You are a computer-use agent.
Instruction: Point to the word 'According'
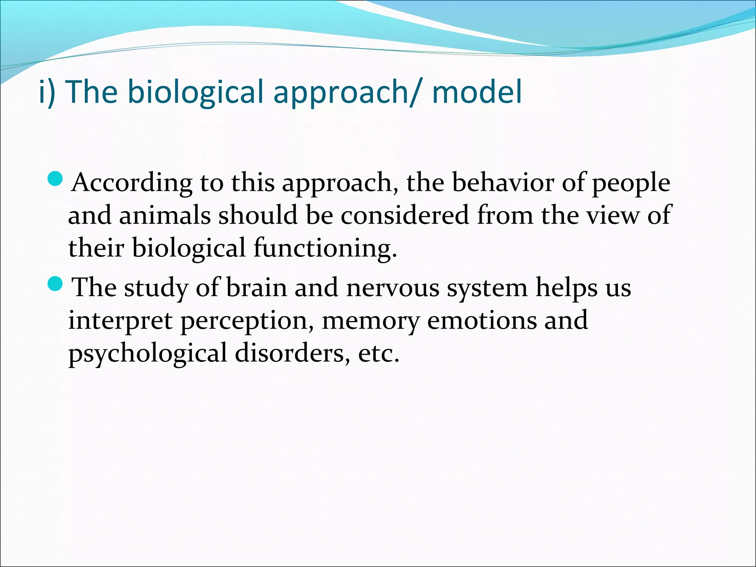point(132,183)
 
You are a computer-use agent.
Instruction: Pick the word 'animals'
point(165,215)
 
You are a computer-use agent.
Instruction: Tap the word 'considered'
point(405,215)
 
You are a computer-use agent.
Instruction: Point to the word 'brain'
point(256,288)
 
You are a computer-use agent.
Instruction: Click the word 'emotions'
point(481,320)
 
